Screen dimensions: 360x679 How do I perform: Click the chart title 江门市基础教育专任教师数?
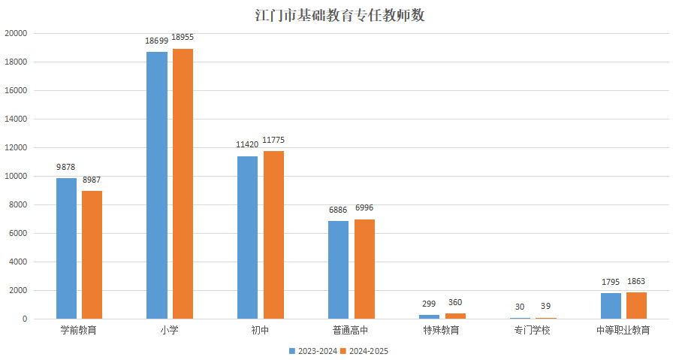339,14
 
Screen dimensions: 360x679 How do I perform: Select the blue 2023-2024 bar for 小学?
157,185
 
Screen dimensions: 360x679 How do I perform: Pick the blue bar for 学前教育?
66,248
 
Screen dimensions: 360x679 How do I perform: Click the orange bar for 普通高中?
364,269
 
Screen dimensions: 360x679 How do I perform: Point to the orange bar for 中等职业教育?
636,305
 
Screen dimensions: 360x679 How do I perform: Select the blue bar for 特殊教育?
429,316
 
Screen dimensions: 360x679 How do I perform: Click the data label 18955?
183,37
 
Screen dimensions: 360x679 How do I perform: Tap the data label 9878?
66,167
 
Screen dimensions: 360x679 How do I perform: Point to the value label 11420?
247,144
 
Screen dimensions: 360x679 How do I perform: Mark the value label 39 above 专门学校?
545,307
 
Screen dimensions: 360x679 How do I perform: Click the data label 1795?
610,282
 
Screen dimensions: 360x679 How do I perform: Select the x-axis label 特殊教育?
441,330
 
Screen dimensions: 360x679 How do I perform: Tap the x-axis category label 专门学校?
532,330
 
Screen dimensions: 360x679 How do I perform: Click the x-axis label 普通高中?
351,330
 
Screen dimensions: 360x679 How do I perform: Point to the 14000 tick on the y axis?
16,119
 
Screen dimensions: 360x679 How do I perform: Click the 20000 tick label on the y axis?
16,33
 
